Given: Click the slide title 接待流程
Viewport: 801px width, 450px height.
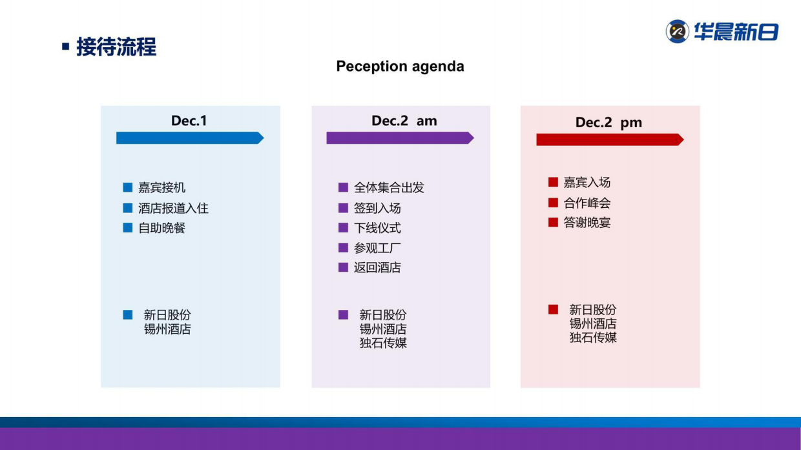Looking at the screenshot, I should coord(116,47).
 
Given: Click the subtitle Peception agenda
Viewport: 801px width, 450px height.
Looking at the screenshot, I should coord(400,66).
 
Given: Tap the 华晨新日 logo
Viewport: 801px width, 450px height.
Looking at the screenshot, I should coord(722,32).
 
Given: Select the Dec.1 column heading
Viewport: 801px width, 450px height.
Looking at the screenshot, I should coord(189,121).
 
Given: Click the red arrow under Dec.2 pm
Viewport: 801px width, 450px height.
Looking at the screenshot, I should coord(609,139).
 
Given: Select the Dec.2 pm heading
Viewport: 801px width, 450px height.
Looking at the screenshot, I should coord(609,123).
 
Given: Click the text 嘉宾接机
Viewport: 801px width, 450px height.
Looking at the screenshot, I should coord(162,188).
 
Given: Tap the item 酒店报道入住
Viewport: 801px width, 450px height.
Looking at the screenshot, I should coord(173,209).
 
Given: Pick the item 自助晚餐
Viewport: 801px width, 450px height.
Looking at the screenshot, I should coord(162,228).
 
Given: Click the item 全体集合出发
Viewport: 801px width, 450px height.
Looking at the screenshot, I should coord(389,188).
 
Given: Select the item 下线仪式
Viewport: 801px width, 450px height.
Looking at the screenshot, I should coord(377,228).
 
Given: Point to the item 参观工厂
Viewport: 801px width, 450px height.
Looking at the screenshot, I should coord(377,248).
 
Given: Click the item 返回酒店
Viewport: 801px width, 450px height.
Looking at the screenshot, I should coord(377,268).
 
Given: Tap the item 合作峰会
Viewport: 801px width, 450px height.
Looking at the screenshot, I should coord(587,203).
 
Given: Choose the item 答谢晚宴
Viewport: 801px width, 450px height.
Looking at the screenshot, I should coord(587,223).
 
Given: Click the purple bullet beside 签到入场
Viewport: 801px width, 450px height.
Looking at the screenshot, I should coord(344,208).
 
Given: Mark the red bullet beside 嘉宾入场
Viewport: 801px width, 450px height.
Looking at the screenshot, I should coord(553,183).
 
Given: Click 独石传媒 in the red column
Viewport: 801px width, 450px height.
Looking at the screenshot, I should coord(593,338).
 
